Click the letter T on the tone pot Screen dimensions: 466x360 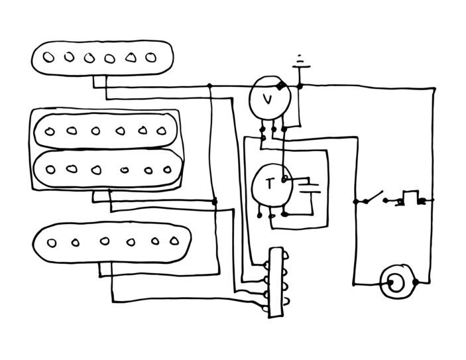270,184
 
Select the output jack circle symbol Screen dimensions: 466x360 397,282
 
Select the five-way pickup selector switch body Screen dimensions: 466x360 276,282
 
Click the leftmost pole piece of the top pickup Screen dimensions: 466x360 48,57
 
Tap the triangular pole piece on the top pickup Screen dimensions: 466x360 131,58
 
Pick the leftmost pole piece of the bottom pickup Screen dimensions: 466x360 52,243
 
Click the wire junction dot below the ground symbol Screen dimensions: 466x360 300,86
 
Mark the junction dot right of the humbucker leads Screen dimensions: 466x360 214,202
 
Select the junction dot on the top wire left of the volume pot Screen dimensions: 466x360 209,86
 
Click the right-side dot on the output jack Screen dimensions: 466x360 415,282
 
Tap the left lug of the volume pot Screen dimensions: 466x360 262,129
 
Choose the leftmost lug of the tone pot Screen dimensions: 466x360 259,214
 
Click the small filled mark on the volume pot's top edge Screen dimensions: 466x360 280,86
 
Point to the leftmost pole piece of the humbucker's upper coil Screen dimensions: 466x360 49,131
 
